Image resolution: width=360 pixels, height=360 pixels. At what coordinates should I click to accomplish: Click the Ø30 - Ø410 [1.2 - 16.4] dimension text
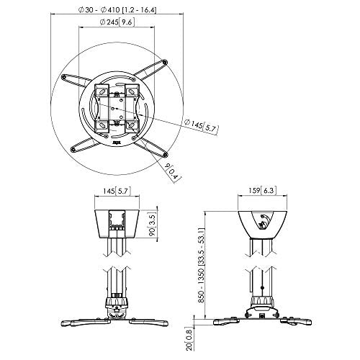[117, 10]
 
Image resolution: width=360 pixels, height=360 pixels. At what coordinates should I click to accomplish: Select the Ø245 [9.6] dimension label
[117, 22]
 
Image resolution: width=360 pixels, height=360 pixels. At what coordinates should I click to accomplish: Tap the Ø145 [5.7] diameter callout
[201, 126]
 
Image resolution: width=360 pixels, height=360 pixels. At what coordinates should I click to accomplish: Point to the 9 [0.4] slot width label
[172, 172]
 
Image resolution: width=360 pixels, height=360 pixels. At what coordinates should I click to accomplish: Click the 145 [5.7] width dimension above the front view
[117, 192]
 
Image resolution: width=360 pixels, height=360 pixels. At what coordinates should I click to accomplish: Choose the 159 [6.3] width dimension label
[262, 191]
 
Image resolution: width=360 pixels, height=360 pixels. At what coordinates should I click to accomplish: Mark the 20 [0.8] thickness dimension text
[189, 339]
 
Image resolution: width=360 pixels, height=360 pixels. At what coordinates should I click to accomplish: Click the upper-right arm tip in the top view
[165, 62]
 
